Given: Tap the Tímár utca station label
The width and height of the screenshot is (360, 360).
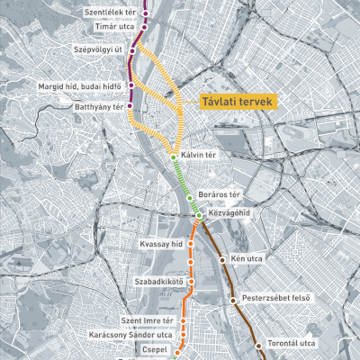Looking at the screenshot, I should tap(113, 28).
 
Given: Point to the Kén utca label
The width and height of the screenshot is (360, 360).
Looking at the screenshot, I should tap(247, 260).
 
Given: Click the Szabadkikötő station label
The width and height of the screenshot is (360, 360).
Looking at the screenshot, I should tap(158, 282).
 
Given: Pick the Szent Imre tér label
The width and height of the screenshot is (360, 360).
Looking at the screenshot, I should tap(147, 320).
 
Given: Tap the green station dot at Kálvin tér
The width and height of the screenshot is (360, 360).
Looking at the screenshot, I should tap(174, 157).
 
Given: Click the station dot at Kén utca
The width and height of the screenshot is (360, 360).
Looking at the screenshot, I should tap(222, 260).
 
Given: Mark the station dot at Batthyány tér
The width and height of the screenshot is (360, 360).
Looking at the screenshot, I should tap(130, 109).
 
